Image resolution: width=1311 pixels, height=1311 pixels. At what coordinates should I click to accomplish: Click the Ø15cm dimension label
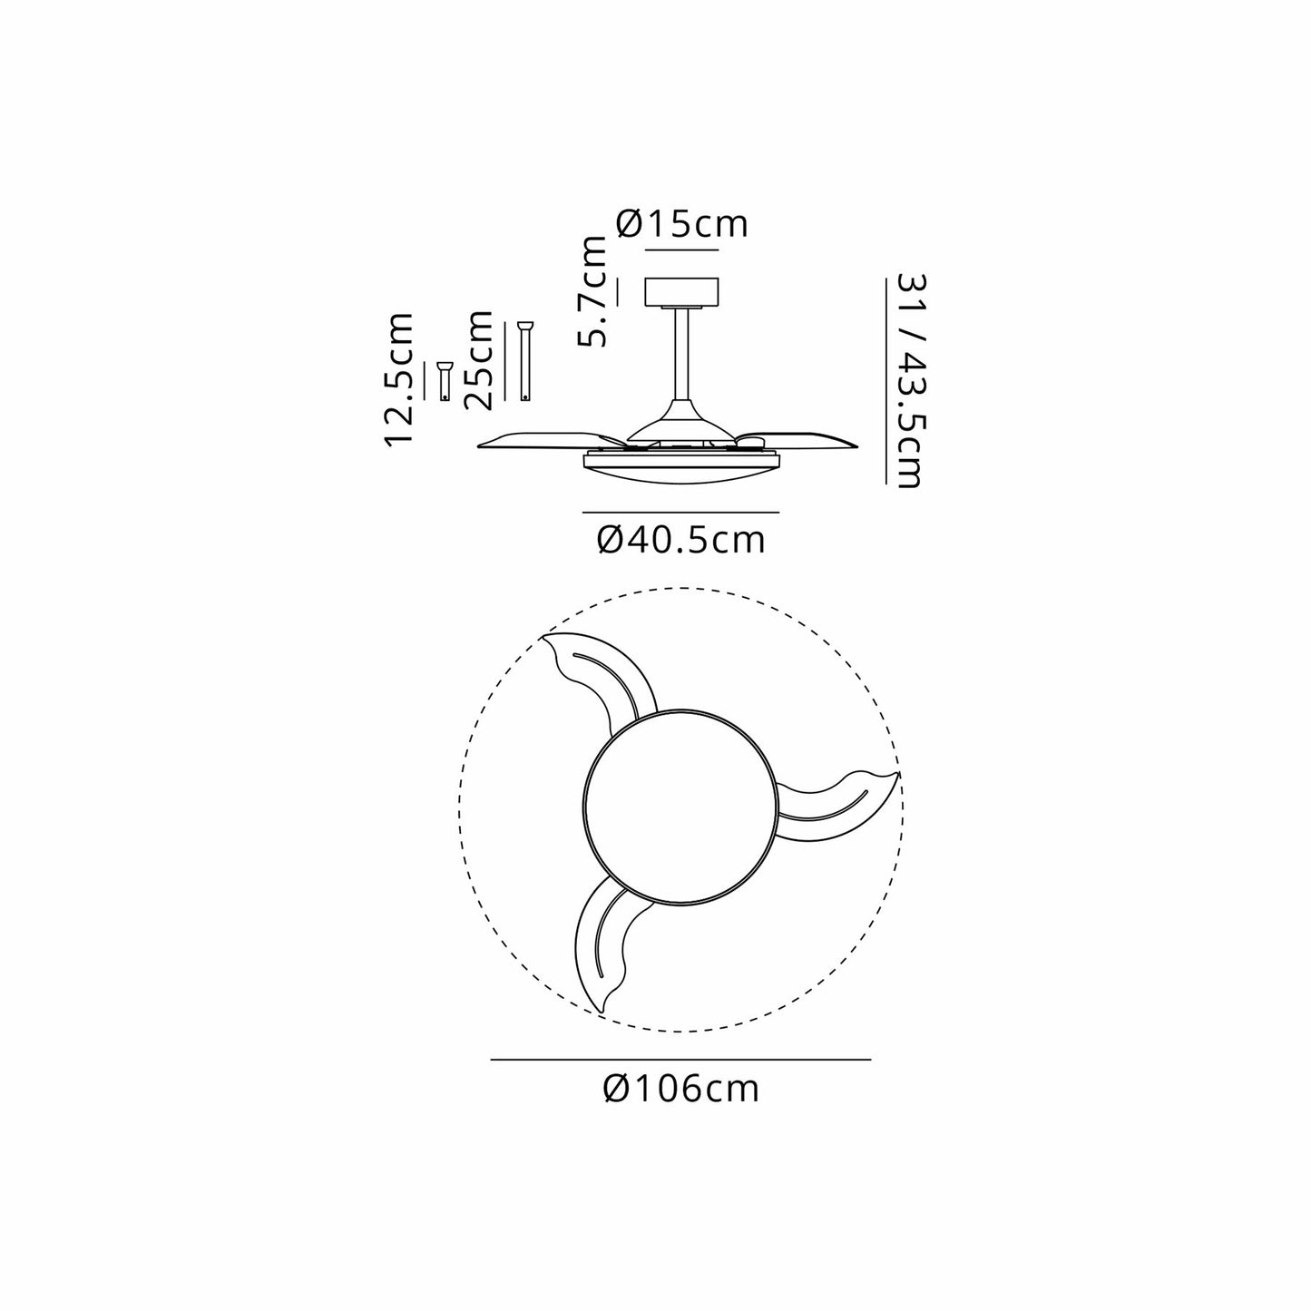tap(681, 224)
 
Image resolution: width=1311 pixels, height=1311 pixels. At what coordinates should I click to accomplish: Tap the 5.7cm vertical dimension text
tap(591, 292)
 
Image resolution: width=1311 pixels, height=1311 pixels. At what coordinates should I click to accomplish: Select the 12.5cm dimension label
tap(399, 379)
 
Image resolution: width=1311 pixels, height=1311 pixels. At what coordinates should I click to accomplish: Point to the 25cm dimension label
tap(477, 360)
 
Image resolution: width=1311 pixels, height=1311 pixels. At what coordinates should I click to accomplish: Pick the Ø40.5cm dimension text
tap(681, 540)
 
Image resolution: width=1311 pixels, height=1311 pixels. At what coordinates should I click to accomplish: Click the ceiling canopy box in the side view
tap(681, 291)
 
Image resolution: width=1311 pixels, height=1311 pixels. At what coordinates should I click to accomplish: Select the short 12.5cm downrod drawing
tap(445, 381)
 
